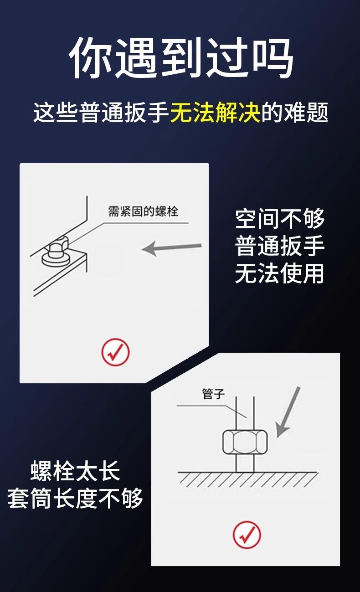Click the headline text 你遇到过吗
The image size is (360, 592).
click(x=181, y=57)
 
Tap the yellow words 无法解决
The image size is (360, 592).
click(x=215, y=112)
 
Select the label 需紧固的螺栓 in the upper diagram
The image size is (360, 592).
click(x=143, y=211)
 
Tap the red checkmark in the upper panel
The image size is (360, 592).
click(x=115, y=352)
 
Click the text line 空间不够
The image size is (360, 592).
click(x=280, y=218)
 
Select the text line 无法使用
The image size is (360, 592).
click(x=280, y=273)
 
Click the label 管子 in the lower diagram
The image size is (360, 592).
click(x=213, y=394)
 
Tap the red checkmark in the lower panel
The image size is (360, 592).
click(x=247, y=535)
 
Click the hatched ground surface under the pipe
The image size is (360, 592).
click(x=248, y=480)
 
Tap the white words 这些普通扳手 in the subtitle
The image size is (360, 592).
click(x=102, y=112)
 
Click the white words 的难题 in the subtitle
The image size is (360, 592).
click(x=294, y=112)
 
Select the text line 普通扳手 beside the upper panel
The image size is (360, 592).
click(x=280, y=246)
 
